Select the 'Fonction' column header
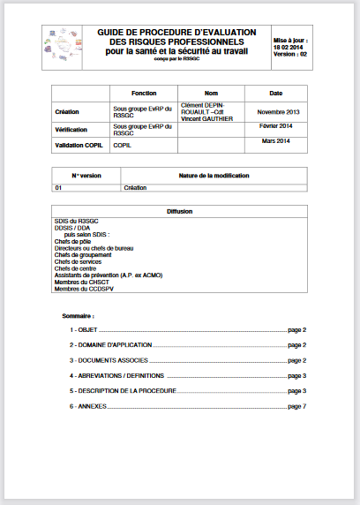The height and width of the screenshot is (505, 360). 143,93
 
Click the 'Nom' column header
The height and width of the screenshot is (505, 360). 211,93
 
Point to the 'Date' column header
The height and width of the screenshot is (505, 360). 275,93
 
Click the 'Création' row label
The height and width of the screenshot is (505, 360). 67,112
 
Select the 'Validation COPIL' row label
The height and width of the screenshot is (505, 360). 80,146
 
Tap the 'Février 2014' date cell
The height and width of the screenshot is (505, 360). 276,126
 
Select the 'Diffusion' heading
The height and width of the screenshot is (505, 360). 179,212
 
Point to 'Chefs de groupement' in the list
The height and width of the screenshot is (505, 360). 85,254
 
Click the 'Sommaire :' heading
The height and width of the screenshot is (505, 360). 79,315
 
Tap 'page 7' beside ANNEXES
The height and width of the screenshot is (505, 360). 297,406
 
